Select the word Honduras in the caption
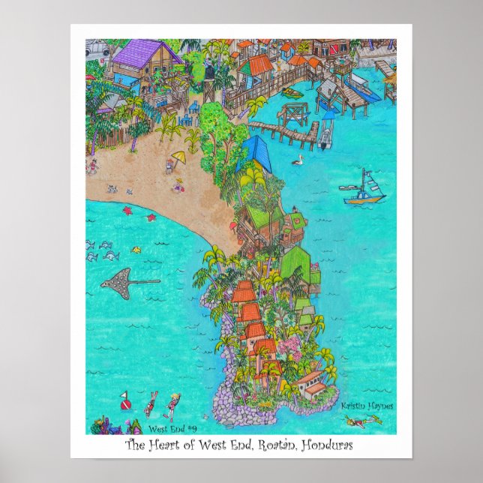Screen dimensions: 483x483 pyautogui.click(x=325, y=445)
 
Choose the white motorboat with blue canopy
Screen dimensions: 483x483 pyautogui.click(x=325, y=133)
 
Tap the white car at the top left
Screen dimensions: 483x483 pyautogui.click(x=99, y=50)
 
